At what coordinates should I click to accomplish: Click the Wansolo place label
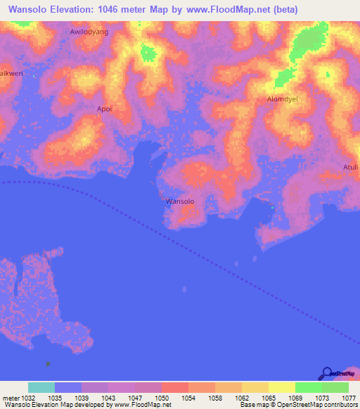(179, 202)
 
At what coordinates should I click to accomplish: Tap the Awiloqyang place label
(89, 32)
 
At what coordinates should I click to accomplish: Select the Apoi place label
(104, 109)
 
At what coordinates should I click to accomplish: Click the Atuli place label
(350, 167)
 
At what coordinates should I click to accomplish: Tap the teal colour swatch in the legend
(41, 387)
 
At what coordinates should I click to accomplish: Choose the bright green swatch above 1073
(308, 387)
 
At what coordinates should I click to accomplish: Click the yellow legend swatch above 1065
(255, 387)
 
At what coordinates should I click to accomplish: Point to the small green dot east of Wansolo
(273, 207)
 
